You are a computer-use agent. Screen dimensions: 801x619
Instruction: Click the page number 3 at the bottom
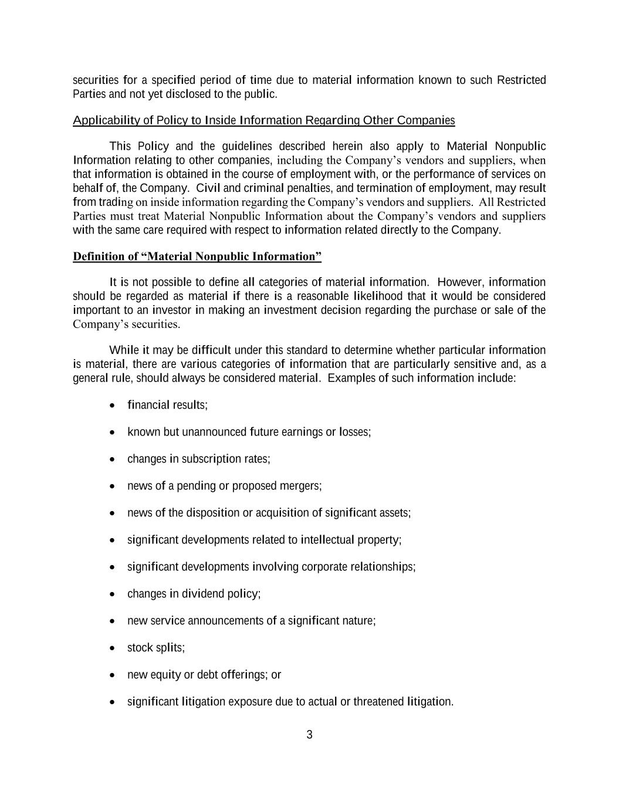(309, 735)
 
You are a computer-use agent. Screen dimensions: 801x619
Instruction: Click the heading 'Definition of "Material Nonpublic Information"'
(197, 256)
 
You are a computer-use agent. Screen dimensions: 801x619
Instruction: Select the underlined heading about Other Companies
(263, 120)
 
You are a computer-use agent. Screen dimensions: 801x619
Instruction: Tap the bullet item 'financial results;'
(167, 405)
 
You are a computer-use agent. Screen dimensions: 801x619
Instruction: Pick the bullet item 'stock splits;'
(155, 648)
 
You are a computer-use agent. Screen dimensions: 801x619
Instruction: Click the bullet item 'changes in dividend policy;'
(194, 594)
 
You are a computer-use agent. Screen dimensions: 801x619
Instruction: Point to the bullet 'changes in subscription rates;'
(198, 459)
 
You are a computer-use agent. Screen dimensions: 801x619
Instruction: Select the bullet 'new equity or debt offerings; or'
(204, 675)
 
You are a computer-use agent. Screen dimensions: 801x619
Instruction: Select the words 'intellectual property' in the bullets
(351, 540)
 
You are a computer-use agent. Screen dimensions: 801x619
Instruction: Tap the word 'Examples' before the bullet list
(350, 378)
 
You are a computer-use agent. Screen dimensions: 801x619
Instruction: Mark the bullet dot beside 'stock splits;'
(112, 648)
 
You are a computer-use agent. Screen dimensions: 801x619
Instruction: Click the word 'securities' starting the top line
(96, 80)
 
